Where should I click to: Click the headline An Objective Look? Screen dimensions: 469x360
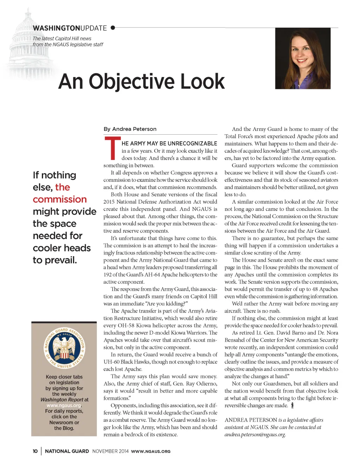tap(141, 82)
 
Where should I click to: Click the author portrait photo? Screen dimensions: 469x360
tap(303, 58)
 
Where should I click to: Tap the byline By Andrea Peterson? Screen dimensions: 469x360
tap(130, 129)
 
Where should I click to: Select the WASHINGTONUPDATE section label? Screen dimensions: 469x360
tap(70, 28)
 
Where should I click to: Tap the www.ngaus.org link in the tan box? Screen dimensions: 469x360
tap(64, 405)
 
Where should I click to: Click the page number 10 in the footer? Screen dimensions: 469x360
tap(35, 451)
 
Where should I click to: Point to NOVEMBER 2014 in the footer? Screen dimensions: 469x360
tap(110, 451)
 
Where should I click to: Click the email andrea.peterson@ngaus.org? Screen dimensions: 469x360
tap(255, 435)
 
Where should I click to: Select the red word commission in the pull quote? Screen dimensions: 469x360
tap(60, 199)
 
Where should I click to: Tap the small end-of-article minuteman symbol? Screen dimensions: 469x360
tap(292, 405)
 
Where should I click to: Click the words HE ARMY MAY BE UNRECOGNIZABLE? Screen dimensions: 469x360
tap(169, 143)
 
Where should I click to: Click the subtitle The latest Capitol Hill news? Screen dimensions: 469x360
tap(62, 38)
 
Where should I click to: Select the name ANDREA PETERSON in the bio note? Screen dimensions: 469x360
tap(251, 420)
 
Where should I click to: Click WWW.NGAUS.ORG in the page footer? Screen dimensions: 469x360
tap(150, 451)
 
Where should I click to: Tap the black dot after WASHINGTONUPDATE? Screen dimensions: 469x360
tap(113, 27)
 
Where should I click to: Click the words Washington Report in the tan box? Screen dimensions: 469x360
tap(62, 400)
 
